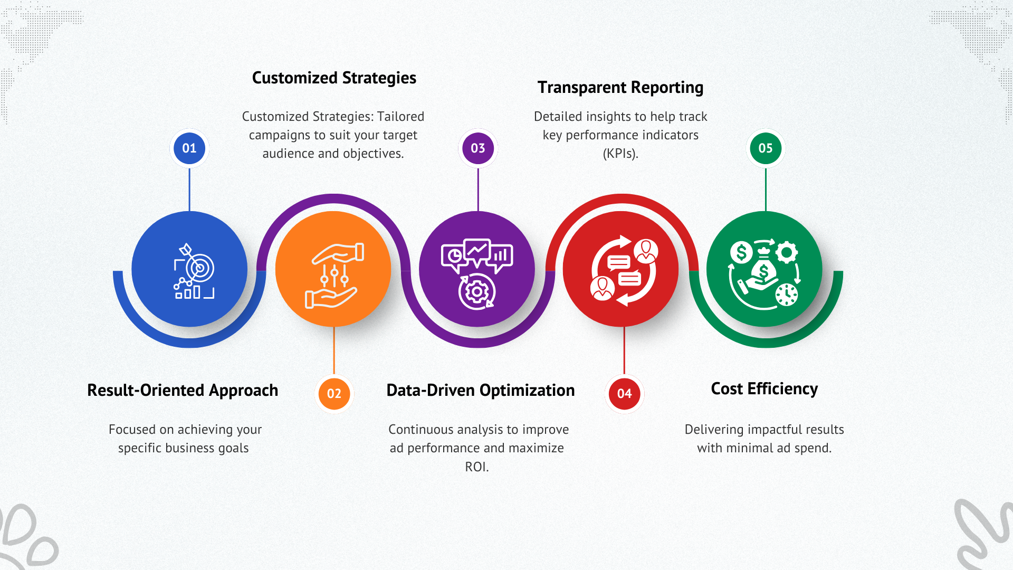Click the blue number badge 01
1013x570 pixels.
[x=189, y=148]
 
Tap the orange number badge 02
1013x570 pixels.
[x=334, y=393]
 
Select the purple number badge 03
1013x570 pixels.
[x=478, y=148]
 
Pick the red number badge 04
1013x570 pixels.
[x=624, y=393]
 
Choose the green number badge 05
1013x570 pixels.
[x=766, y=148]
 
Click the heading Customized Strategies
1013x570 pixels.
[x=334, y=78]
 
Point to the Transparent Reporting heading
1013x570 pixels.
[x=620, y=88]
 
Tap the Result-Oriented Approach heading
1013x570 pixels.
[x=183, y=391]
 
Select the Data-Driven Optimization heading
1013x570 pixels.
[x=481, y=391]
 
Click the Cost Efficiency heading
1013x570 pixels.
[x=764, y=389]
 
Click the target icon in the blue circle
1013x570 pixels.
[x=198, y=267]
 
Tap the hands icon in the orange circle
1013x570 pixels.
[x=334, y=275]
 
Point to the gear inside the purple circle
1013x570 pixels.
[x=477, y=291]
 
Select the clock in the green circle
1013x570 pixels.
[x=787, y=294]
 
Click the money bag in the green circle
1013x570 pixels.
[x=763, y=270]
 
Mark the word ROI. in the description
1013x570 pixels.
[x=477, y=467]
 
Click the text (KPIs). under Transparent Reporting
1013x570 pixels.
[x=620, y=154]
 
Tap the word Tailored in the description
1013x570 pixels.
[x=400, y=117]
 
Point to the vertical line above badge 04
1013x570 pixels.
[x=624, y=351]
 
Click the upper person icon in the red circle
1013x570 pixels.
[x=646, y=251]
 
